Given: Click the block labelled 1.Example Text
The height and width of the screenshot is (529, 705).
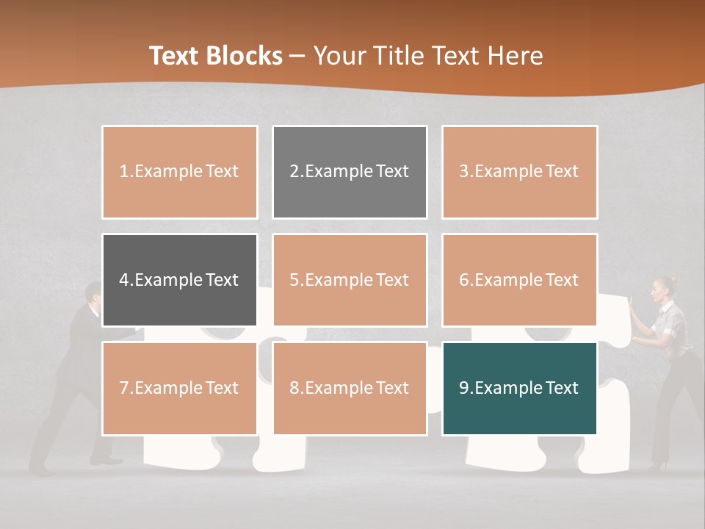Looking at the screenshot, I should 179,172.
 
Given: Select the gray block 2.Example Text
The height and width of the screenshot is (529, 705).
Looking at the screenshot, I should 350,172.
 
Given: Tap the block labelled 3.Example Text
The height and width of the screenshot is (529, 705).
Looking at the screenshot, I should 519,172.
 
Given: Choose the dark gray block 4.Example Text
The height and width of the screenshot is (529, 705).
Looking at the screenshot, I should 179,280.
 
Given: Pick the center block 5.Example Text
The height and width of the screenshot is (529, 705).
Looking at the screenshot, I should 350,280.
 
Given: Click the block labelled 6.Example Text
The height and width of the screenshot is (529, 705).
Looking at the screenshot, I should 519,280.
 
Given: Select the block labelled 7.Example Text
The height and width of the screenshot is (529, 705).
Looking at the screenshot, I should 179,388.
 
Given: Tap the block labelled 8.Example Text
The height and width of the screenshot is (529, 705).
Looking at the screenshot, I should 350,388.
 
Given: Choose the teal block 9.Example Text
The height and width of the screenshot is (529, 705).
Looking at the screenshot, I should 519,388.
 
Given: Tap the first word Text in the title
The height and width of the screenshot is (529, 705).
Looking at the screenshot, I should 176,56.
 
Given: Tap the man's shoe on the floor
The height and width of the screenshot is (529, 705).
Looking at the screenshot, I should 107,461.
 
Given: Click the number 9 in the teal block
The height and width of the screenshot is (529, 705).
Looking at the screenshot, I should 464,388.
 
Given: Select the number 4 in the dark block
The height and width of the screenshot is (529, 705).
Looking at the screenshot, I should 124,280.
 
